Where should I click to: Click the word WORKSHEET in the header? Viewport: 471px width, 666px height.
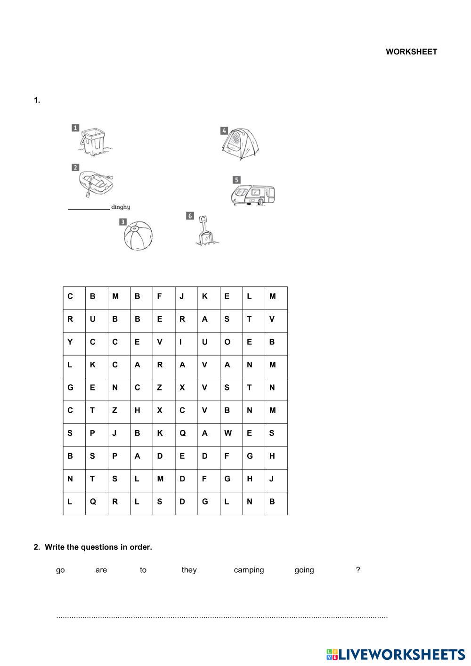(411, 52)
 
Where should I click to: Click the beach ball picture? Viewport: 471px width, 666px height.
(138, 236)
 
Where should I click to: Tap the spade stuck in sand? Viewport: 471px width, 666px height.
(205, 231)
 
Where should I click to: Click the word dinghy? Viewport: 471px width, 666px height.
(121, 207)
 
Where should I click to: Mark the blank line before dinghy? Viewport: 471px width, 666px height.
(89, 208)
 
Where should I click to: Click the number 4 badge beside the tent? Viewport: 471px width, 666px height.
(224, 130)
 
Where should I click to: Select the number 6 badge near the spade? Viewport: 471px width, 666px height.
(190, 216)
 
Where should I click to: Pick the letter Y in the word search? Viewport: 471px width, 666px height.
(70, 342)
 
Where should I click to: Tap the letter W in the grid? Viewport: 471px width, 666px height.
(227, 433)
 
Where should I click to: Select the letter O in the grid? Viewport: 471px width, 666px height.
(227, 342)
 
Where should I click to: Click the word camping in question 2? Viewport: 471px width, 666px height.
(249, 570)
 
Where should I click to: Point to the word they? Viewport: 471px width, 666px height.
(189, 570)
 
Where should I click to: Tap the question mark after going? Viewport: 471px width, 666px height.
(358, 570)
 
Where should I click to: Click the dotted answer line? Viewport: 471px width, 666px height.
(222, 617)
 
